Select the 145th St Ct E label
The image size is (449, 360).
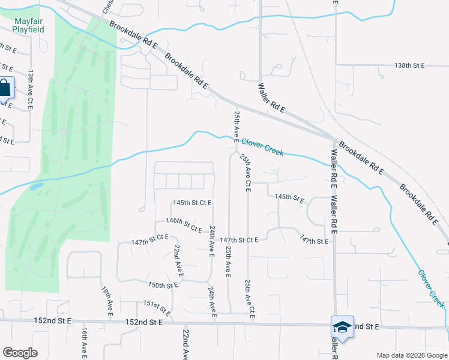click(192, 203)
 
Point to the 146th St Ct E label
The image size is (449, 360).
click(184, 224)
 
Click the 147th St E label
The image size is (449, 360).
click(315, 241)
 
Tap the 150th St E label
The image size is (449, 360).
click(163, 286)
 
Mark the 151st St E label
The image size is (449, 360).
click(157, 308)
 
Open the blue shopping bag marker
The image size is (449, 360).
click(5, 89)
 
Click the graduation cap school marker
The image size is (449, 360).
click(342, 327)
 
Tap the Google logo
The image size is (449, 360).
click(20, 353)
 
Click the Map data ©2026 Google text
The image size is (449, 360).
click(412, 355)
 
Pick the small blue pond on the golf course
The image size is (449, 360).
click(36, 187)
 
